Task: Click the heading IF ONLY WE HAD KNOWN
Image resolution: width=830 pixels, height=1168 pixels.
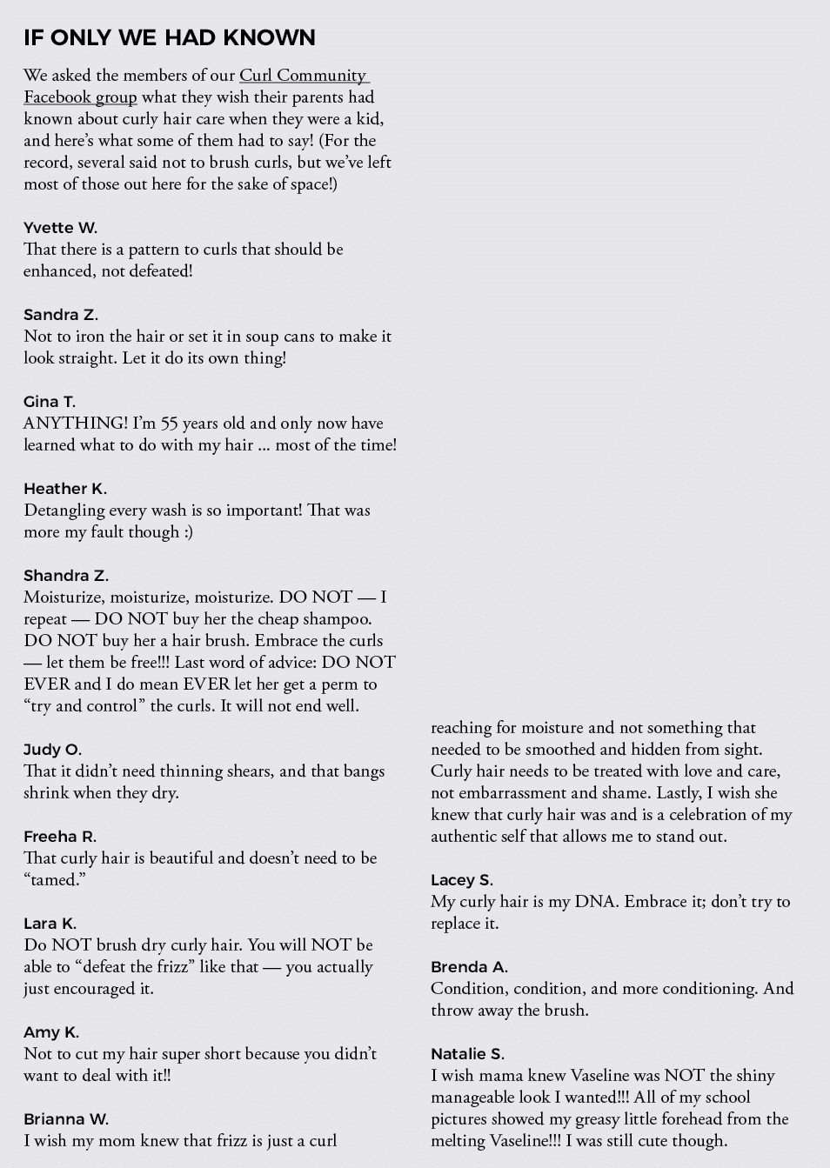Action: [x=170, y=37]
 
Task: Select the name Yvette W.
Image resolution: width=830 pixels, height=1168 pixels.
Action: [x=60, y=228]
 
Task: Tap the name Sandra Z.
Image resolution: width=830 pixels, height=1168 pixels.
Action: [x=61, y=315]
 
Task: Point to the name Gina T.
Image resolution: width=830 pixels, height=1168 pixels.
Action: [x=50, y=402]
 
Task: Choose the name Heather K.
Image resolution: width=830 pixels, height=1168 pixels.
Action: [x=65, y=489]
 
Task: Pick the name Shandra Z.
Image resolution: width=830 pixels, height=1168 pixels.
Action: [x=66, y=576]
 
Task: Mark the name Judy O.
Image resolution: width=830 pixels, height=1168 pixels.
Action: [x=52, y=750]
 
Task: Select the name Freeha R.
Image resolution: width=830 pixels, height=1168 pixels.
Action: [x=60, y=837]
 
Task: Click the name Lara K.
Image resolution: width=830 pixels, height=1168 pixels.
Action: [x=50, y=924]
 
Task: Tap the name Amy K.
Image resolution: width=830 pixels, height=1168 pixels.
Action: [x=51, y=1032]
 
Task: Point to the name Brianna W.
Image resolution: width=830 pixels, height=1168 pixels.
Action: [x=66, y=1119]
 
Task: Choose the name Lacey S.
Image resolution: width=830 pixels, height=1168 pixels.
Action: [x=462, y=880]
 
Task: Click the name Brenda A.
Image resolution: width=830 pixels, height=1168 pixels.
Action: [x=470, y=967]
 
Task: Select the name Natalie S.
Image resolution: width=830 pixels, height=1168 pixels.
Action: [x=468, y=1054]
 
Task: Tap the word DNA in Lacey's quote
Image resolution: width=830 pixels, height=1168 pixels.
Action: [x=595, y=902]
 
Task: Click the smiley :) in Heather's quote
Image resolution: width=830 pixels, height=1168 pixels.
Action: [x=189, y=532]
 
